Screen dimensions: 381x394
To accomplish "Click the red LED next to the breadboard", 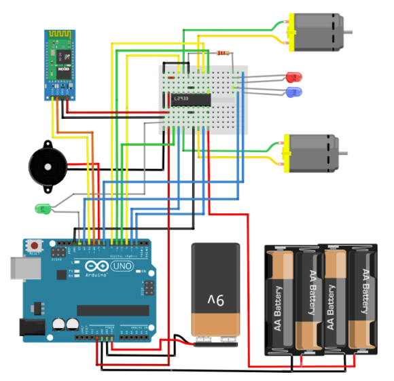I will (x=294, y=77).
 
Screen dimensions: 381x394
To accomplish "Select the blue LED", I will (x=294, y=91).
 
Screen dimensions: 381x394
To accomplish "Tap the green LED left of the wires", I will (x=42, y=208).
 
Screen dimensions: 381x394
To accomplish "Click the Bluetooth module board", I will (x=59, y=64).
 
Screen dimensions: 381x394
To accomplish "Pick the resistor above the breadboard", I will (x=222, y=52).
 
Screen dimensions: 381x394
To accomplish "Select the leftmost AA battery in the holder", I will (x=279, y=302).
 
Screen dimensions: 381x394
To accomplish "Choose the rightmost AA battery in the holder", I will (x=362, y=302).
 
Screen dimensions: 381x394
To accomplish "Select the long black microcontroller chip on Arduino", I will (x=112, y=310).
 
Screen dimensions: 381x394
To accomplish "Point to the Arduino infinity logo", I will (x=96, y=266).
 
